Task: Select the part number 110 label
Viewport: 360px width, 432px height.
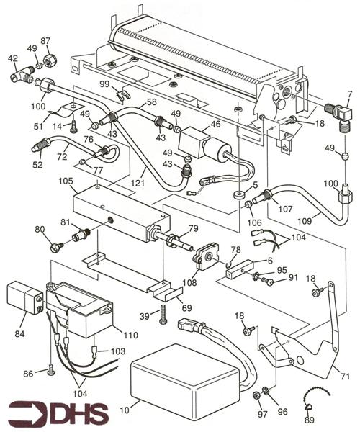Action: point(130,336)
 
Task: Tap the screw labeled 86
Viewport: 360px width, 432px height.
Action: point(52,371)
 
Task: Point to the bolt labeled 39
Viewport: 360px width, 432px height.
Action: point(164,315)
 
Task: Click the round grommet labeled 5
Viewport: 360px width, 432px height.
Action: point(237,195)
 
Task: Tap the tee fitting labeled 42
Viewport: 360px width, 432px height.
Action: point(19,73)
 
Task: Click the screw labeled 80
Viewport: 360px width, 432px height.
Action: point(58,247)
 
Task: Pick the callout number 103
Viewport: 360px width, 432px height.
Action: point(118,351)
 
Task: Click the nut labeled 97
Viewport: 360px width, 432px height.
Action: point(257,395)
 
